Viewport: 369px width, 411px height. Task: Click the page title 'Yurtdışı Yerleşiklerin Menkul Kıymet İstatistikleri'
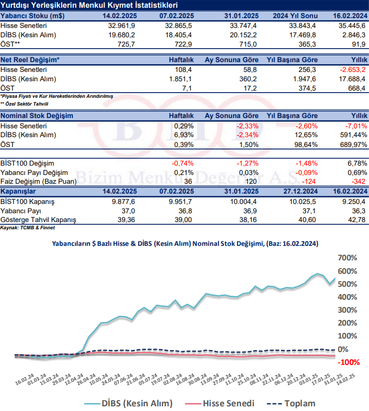86,5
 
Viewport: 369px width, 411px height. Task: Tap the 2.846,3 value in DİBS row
354,35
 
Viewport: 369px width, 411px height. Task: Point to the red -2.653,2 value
352,69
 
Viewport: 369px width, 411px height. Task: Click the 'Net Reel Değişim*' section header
30,60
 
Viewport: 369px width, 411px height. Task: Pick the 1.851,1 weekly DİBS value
180,79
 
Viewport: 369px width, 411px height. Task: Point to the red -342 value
357,182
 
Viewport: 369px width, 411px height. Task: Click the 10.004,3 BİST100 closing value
243,201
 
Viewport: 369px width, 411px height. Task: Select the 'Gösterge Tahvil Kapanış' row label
38,220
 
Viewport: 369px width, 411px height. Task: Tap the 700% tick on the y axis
347,258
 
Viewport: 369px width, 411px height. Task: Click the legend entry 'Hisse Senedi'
228,403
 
